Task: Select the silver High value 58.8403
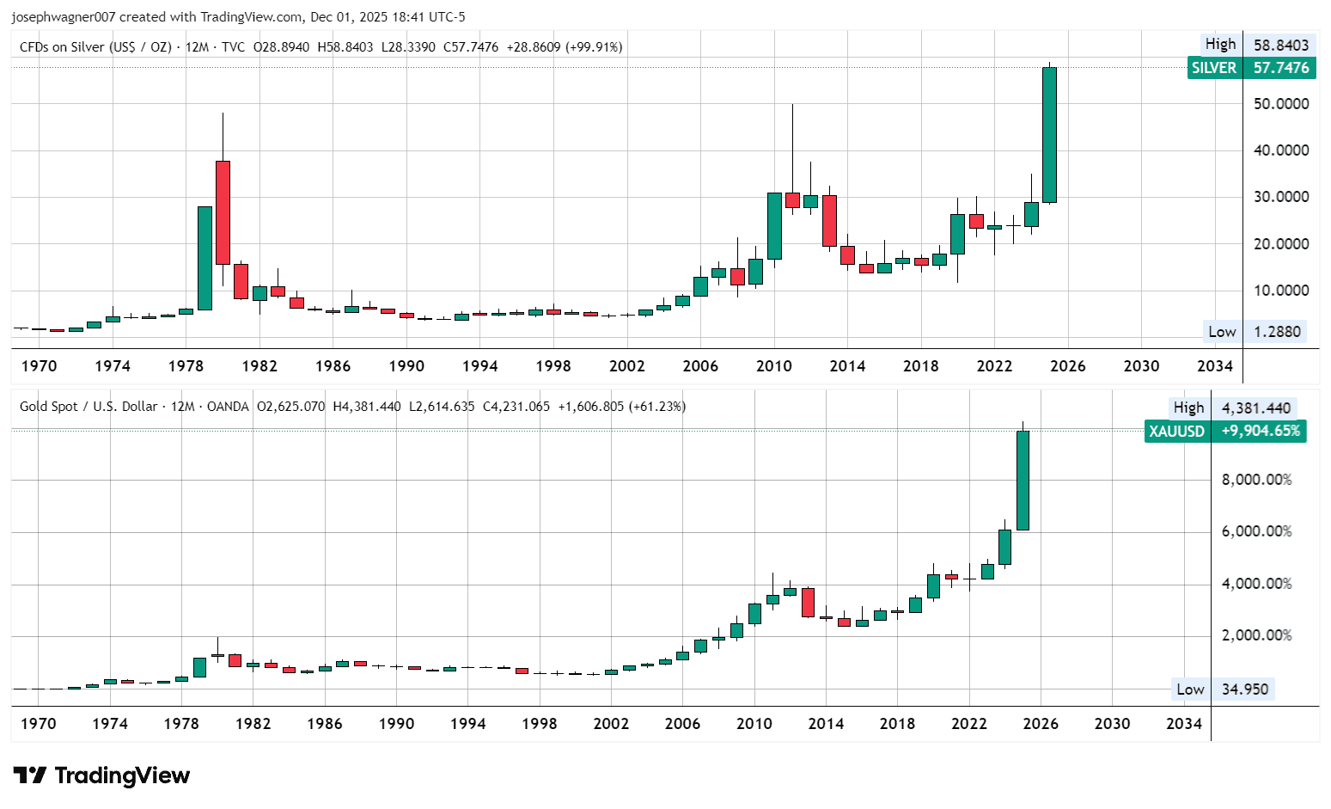[x=1281, y=46]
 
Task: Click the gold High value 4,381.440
[x=1255, y=408]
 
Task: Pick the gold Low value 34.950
[x=1245, y=689]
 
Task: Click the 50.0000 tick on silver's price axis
[x=1281, y=104]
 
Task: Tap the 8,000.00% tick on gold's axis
[x=1257, y=480]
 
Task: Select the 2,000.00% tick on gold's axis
[x=1257, y=635]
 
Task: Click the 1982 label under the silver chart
[x=259, y=366]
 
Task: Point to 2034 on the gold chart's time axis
[x=1184, y=724]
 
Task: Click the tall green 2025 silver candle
[x=1049, y=134]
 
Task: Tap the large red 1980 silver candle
[x=223, y=212]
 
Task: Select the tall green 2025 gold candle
[x=1023, y=481]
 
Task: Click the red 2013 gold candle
[x=808, y=603]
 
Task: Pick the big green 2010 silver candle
[x=774, y=226]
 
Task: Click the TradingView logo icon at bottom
[x=30, y=775]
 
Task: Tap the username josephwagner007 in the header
[x=64, y=17]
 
